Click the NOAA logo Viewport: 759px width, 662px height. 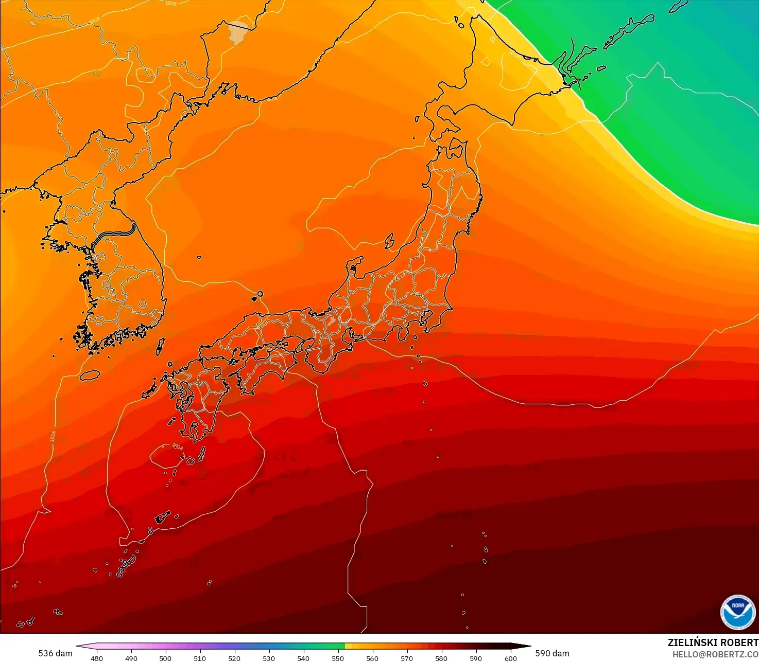[737, 612]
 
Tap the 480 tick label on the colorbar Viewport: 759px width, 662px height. [97, 658]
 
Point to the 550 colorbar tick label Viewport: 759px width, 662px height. [338, 658]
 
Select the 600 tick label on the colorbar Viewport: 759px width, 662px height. [510, 658]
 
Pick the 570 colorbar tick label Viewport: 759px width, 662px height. [407, 658]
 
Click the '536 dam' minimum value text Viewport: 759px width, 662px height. [55, 653]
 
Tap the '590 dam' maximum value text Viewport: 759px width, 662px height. [552, 653]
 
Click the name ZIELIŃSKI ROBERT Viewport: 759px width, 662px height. [713, 642]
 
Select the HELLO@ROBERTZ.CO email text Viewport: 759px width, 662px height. [715, 654]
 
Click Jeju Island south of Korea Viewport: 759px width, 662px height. [90, 375]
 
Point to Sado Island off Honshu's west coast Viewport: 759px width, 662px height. [390, 240]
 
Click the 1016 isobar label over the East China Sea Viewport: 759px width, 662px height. [53, 436]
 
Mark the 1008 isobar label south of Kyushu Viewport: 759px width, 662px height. [177, 446]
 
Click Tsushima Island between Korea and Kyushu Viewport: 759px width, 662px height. [160, 346]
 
